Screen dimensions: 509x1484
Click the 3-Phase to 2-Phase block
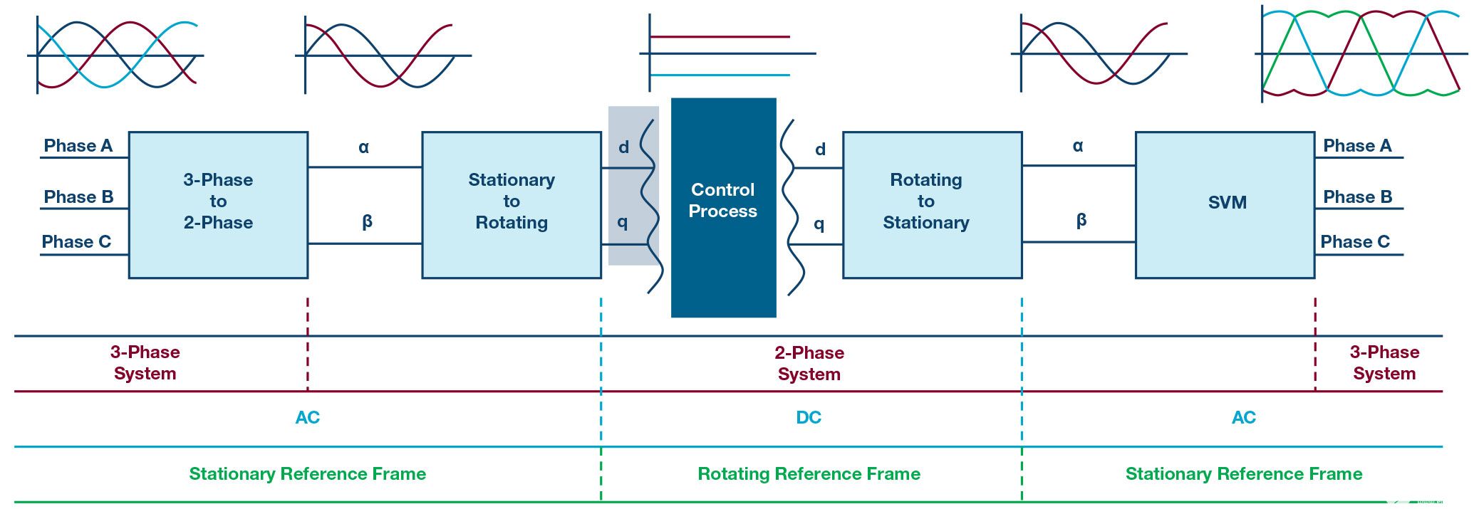218,204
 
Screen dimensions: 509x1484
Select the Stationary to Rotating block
512,204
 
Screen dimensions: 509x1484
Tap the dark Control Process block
723,207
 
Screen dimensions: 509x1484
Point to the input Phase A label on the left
78,146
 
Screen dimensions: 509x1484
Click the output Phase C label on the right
1355,242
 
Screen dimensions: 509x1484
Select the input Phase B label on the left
78,197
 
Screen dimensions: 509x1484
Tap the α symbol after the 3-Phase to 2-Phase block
364,147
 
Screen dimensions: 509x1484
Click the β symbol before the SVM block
1081,220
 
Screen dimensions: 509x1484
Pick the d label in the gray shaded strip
624,147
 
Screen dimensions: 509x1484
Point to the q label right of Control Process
819,224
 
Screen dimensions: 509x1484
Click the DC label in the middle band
809,418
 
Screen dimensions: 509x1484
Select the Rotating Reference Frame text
809,474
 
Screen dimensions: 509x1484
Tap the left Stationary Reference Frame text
307,474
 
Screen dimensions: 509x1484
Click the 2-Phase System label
809,363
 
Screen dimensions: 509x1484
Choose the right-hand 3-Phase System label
1384,362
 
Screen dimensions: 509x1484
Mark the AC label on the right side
1243,418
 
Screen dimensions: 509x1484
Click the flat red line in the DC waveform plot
720,36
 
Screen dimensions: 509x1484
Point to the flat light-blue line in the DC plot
720,75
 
